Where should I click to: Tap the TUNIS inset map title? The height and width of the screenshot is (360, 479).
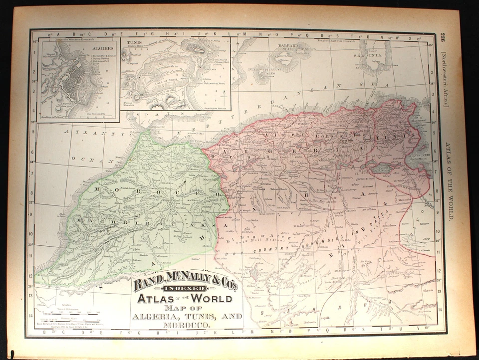(132, 42)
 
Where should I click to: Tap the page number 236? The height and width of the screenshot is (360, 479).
(443, 39)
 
